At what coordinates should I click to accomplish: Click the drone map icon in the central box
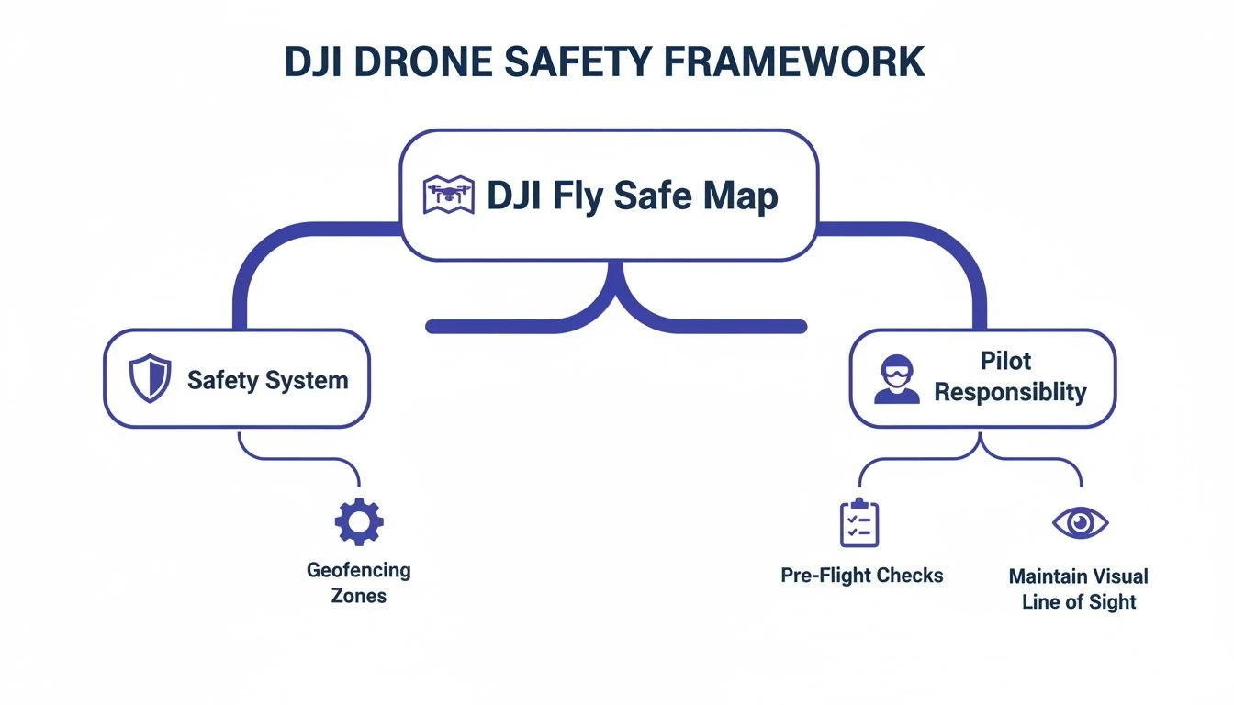pyautogui.click(x=448, y=195)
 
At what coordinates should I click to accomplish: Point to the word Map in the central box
pyautogui.click(x=741, y=196)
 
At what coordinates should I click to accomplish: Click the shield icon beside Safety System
pyautogui.click(x=150, y=379)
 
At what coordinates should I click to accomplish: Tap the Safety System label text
pyautogui.click(x=267, y=380)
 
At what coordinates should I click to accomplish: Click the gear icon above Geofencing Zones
pyautogui.click(x=359, y=521)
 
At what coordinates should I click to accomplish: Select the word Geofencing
pyautogui.click(x=359, y=570)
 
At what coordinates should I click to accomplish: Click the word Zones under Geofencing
pyautogui.click(x=359, y=596)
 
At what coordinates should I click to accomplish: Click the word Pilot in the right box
pyautogui.click(x=1006, y=361)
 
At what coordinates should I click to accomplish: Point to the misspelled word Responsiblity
pyautogui.click(x=1010, y=393)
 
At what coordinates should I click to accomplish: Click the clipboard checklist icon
pyautogui.click(x=859, y=522)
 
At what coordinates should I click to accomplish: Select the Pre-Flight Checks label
pyautogui.click(x=861, y=576)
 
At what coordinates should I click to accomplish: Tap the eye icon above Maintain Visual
pyautogui.click(x=1080, y=522)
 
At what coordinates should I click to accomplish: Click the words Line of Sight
pyautogui.click(x=1079, y=602)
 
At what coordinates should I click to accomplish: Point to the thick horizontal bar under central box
pyautogui.click(x=514, y=326)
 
